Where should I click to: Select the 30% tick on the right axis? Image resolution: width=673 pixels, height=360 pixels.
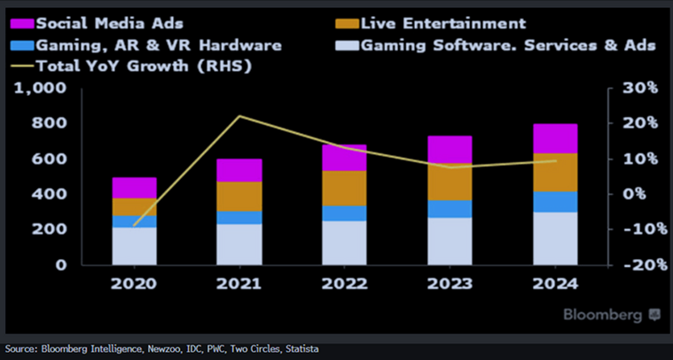point(638,89)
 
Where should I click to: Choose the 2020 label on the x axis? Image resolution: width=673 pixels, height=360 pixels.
point(134,284)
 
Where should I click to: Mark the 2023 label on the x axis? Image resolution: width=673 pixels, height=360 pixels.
point(450,284)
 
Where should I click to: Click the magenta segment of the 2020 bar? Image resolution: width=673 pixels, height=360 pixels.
point(134,187)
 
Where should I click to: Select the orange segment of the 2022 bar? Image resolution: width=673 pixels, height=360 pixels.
point(344,188)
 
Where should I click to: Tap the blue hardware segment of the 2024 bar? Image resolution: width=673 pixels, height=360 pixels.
point(555,201)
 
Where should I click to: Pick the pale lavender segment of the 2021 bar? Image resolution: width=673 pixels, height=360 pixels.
point(239,244)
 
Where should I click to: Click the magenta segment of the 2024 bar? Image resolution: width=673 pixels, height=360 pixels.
point(555,138)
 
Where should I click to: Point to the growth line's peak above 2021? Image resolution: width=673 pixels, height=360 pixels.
point(239,116)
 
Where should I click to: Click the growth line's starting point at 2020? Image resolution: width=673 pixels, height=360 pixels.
point(134,225)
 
